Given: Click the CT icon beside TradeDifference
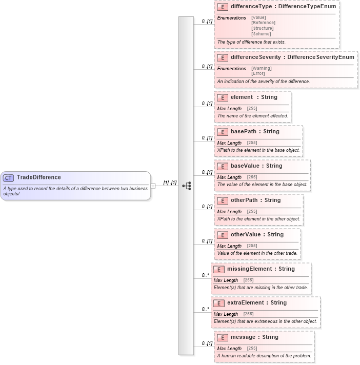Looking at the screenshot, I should pyautogui.click(x=9, y=178).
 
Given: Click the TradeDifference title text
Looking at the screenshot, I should pyautogui.click(x=38, y=177).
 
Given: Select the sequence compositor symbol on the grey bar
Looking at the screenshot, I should pyautogui.click(x=186, y=186).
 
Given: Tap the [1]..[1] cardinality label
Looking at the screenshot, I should pyautogui.click(x=170, y=182).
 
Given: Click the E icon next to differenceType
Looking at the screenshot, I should pyautogui.click(x=223, y=7).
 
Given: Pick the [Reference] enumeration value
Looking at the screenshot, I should pyautogui.click(x=263, y=23).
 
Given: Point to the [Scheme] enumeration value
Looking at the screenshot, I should pyautogui.click(x=261, y=34).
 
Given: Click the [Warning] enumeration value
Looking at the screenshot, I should pyautogui.click(x=262, y=68).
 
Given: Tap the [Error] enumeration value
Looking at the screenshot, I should pyautogui.click(x=258, y=73).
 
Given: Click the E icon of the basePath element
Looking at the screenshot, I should pyautogui.click(x=223, y=132).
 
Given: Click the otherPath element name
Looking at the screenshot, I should pyautogui.click(x=244, y=200).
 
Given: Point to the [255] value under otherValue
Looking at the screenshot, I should pyautogui.click(x=252, y=246).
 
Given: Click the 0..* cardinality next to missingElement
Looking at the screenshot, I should pyautogui.click(x=205, y=275).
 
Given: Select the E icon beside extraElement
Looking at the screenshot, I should pyautogui.click(x=219, y=303).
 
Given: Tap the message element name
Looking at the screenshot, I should pyautogui.click(x=244, y=337).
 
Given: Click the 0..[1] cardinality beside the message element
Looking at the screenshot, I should pyautogui.click(x=207, y=343).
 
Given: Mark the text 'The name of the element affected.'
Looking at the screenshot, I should pyautogui.click(x=252, y=116).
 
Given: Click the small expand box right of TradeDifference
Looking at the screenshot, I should pyautogui.click(x=153, y=186).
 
